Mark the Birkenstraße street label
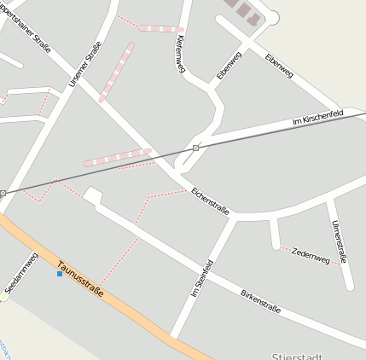coord(261,300)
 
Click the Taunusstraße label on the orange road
coord(80,278)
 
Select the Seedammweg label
coord(22,274)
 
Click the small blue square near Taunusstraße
coord(59,274)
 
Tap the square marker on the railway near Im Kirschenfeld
coord(196,148)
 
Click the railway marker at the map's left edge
coord(3,194)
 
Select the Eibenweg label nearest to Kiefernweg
coord(229,66)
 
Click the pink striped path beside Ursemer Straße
coord(117,73)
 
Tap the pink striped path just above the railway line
coord(117,157)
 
